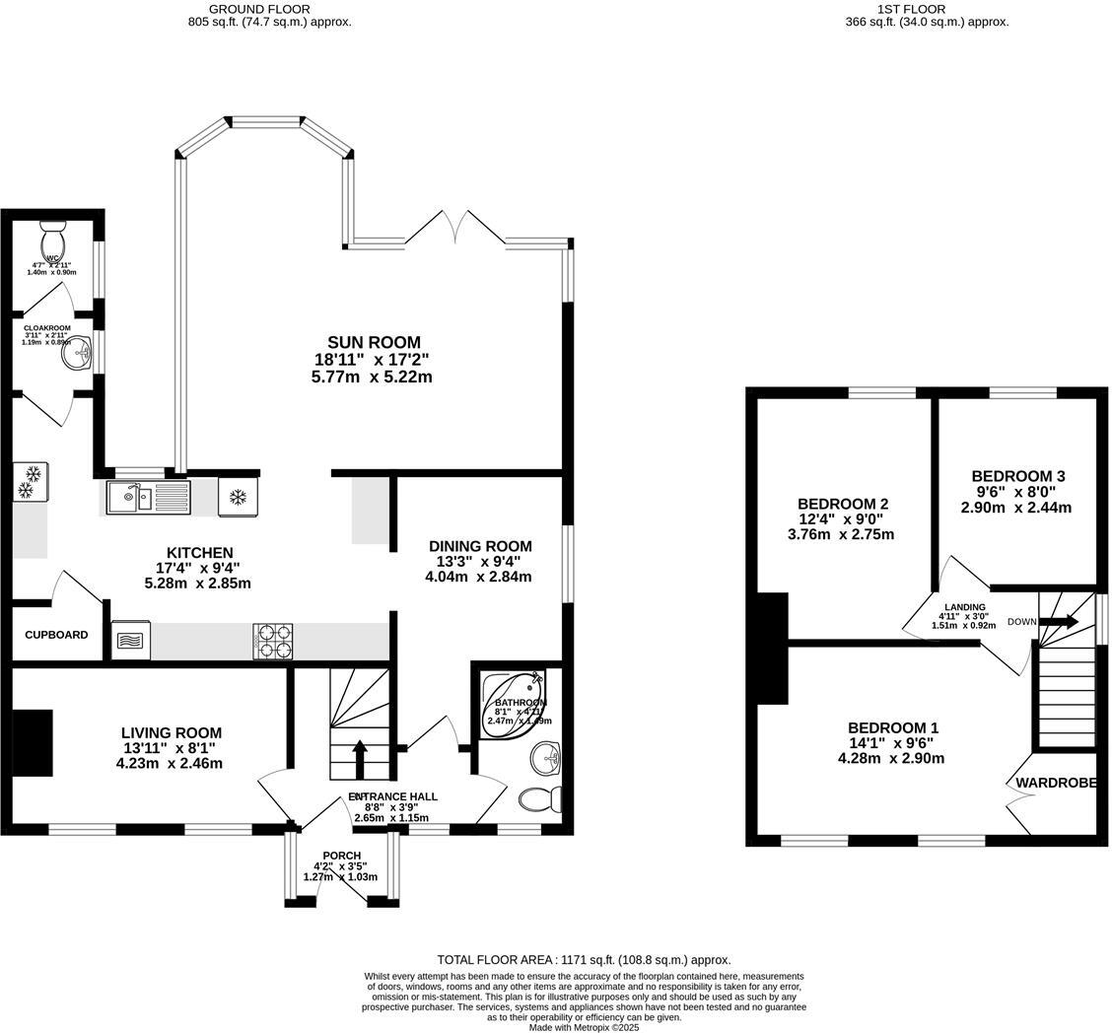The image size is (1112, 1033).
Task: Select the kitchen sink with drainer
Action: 148,497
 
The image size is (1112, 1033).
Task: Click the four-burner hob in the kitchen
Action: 273,641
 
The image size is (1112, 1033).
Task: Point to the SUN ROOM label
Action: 374,343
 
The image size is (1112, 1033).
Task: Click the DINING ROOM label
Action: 479,546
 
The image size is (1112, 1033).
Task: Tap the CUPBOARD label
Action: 56,635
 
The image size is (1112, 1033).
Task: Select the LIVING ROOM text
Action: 171,733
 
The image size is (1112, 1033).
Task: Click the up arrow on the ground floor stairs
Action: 359,760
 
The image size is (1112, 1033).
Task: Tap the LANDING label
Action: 964,607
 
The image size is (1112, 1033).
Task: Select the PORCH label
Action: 341,856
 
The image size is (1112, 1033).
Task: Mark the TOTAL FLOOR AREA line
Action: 584,959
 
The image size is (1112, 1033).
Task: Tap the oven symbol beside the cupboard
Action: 130,640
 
